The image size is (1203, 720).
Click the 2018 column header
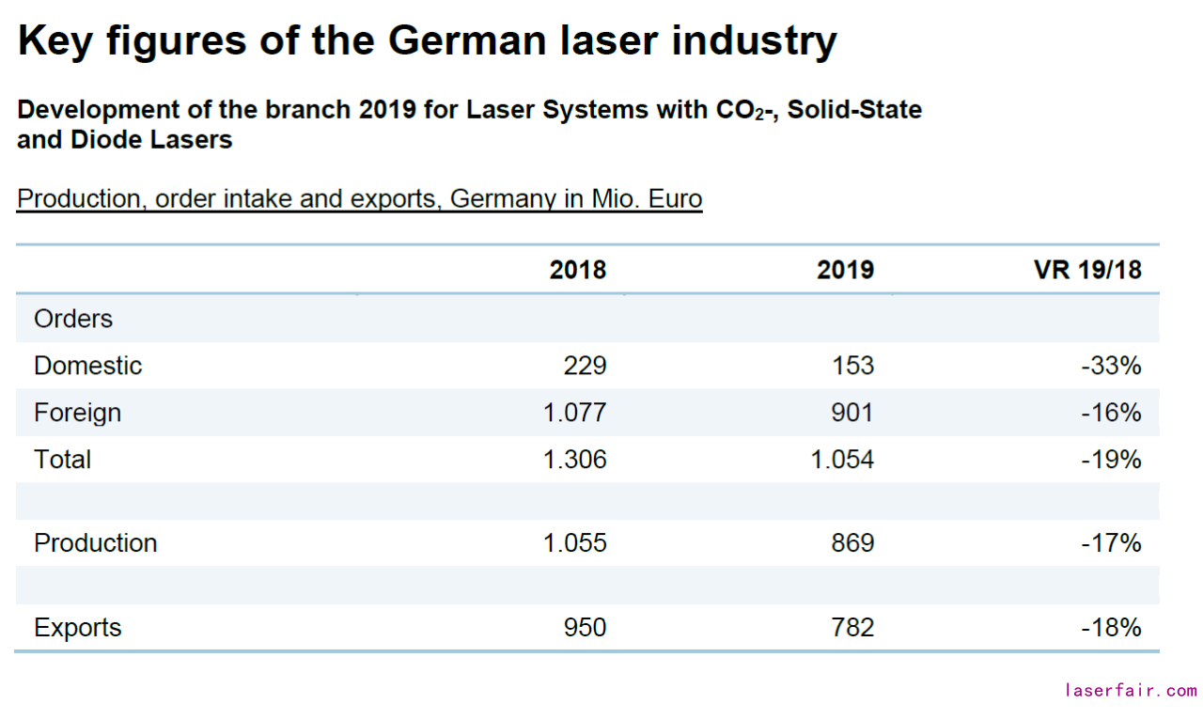point(578,271)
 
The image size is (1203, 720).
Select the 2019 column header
point(845,271)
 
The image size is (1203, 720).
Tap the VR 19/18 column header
point(1087,271)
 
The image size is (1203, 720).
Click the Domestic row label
point(87,366)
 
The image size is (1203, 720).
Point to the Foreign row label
point(77,413)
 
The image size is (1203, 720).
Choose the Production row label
point(95,543)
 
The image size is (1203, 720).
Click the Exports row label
point(77,628)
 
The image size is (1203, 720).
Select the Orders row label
point(72,319)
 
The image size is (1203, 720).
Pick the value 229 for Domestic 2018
point(585,366)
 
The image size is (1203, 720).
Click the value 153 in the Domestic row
point(851,366)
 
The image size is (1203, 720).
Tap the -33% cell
point(1111,366)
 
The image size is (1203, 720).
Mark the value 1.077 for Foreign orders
point(574,413)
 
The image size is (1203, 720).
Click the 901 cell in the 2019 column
point(851,413)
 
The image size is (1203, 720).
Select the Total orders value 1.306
point(574,460)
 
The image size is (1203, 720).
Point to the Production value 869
point(851,543)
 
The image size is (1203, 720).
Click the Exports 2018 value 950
point(585,628)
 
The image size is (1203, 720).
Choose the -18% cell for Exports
point(1111,628)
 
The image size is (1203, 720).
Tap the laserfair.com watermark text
point(1131,691)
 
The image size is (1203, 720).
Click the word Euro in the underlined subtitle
point(672,199)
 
